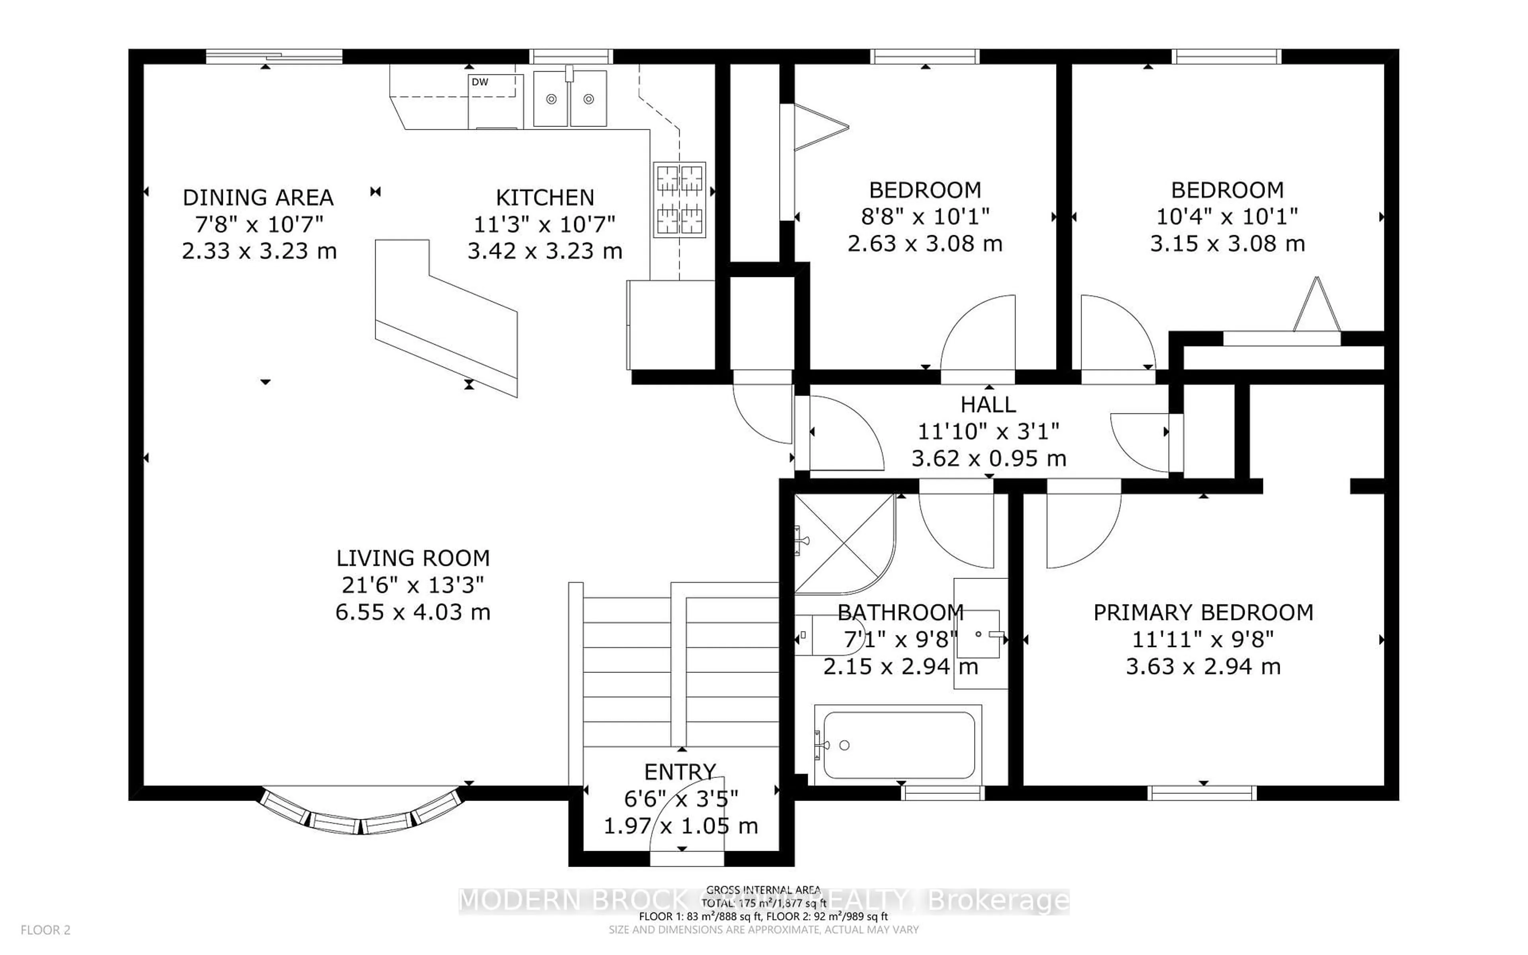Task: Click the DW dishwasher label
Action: (480, 82)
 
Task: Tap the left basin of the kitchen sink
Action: (551, 99)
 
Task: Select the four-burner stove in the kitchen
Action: (679, 200)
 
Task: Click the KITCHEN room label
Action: (544, 198)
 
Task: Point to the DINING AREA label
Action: (257, 198)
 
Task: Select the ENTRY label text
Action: (680, 772)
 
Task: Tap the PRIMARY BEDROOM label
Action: (1203, 613)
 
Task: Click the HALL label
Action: (988, 404)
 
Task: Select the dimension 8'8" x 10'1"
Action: (925, 216)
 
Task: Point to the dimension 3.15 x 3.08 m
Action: (1227, 243)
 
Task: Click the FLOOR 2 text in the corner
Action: (45, 930)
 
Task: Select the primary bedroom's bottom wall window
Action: (1202, 793)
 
